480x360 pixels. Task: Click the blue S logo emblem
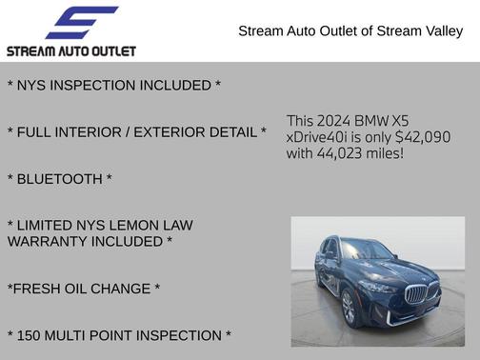click(81, 22)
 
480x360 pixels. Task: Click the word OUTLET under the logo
click(110, 50)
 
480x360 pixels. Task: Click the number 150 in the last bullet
click(32, 335)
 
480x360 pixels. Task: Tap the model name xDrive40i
click(321, 137)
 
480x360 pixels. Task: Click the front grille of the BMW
click(420, 292)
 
